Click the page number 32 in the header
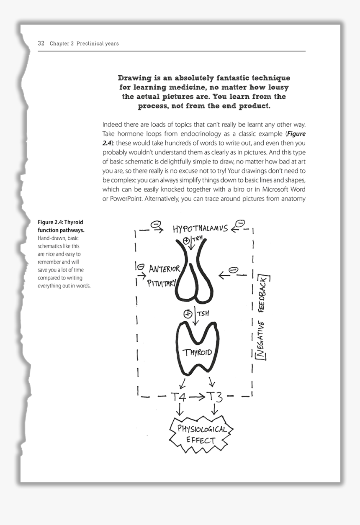click(x=41, y=44)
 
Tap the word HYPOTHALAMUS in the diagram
click(x=200, y=228)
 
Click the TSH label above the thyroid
click(x=203, y=313)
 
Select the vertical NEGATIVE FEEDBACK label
click(x=263, y=317)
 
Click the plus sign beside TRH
click(x=186, y=240)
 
